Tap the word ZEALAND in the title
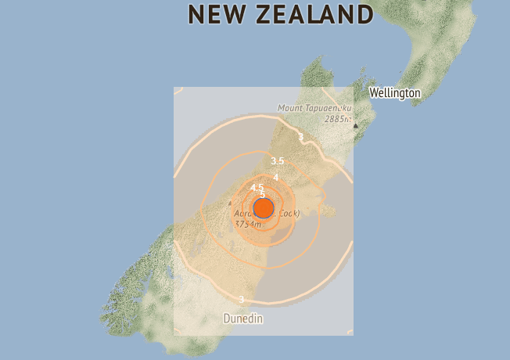pos(316,14)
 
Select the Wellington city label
pos(394,93)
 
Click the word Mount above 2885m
pos(292,108)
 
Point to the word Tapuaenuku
pos(329,108)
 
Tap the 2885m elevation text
pos(336,119)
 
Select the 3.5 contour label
pos(277,161)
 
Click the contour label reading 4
pos(276,177)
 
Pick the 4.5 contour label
pos(257,188)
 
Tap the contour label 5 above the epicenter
pos(263,194)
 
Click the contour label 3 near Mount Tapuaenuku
pos(300,137)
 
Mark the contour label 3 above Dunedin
pos(241,299)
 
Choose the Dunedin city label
pos(243,319)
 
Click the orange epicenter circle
pos(264,208)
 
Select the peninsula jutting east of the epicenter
pos(329,210)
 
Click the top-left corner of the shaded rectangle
pos(174,88)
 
